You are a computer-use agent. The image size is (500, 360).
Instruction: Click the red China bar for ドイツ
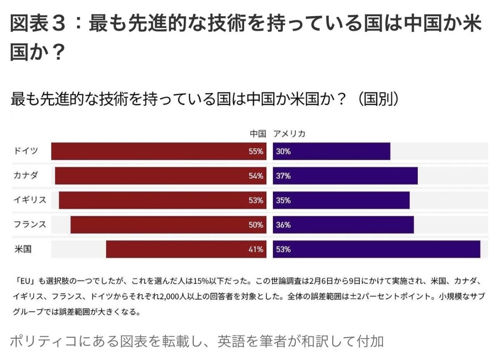(158, 151)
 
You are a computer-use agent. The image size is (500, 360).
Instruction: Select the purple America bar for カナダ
(345, 176)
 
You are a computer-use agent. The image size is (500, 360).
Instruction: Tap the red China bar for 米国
(186, 250)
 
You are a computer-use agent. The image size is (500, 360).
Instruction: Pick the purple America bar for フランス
(343, 225)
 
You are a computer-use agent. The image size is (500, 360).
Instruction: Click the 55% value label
(256, 152)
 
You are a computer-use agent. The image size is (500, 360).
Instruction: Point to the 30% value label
(283, 152)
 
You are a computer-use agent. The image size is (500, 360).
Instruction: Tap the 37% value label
(283, 176)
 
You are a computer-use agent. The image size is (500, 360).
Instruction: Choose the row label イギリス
(30, 200)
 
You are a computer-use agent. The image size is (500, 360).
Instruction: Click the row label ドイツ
(25, 151)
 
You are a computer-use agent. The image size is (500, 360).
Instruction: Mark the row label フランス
(30, 225)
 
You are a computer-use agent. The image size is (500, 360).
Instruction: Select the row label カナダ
(25, 175)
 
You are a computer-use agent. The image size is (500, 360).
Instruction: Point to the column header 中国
(258, 134)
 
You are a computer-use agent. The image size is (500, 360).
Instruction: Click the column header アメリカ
(290, 134)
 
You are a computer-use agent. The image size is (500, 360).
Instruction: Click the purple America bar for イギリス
(341, 200)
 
